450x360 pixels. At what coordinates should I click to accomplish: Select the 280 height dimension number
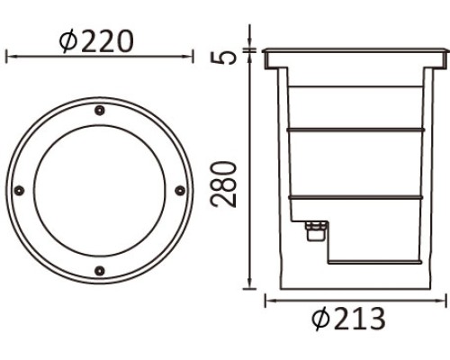click(229, 184)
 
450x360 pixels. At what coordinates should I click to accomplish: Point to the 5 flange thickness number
click(229, 56)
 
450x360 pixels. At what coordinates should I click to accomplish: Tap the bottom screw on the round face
click(99, 269)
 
